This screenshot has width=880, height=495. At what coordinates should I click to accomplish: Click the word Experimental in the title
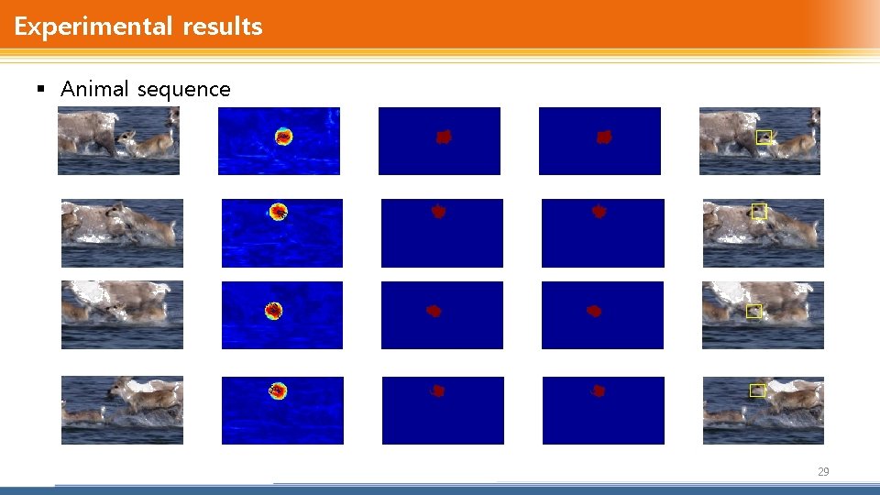pos(87,27)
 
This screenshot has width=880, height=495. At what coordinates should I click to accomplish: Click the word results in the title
pos(223,27)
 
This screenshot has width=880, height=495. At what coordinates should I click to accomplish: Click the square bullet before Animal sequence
pos(39,89)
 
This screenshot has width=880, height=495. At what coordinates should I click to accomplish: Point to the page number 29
pos(822,472)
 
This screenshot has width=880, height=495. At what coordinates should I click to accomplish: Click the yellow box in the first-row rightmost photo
pos(764,137)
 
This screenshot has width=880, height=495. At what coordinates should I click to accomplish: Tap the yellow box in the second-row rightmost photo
pos(758,211)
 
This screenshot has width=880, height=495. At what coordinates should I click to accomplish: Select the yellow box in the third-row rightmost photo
pos(753,312)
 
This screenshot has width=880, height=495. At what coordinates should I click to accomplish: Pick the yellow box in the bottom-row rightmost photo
pos(756,390)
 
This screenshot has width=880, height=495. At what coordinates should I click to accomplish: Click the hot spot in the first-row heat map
pos(283,137)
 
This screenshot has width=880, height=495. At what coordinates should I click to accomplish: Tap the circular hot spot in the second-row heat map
pos(278,212)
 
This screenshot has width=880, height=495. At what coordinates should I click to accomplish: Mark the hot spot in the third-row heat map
pos(273,311)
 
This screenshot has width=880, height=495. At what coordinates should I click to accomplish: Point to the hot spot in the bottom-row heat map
pos(278,390)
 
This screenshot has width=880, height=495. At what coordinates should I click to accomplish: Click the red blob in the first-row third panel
pos(444,137)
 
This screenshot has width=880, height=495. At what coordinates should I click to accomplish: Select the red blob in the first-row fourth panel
pos(604,137)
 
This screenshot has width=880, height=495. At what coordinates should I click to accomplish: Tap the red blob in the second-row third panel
pos(438,212)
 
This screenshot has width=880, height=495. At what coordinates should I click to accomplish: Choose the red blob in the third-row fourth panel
pos(594,311)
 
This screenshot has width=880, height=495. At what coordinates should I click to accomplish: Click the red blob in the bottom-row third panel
pos(438,390)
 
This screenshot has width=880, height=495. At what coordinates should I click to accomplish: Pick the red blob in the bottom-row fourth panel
pos(599,390)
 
